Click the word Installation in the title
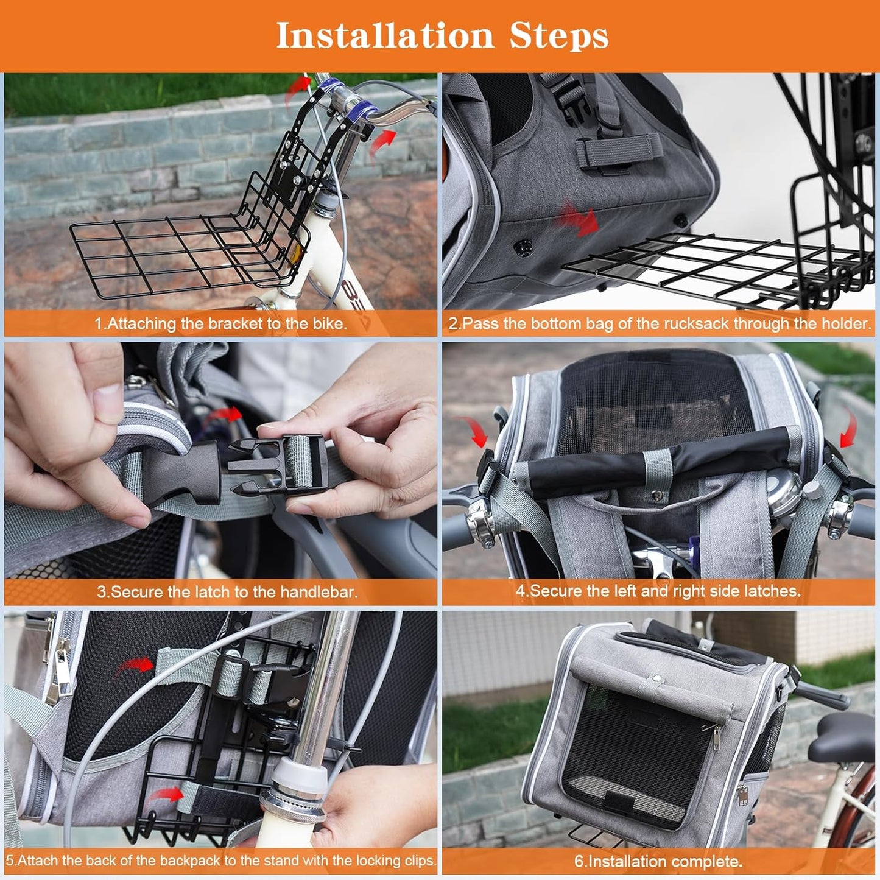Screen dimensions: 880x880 click(x=384, y=35)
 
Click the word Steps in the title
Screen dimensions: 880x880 click(x=558, y=35)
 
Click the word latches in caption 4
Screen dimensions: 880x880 click(x=770, y=591)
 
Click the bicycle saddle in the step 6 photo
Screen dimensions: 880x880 click(x=843, y=738)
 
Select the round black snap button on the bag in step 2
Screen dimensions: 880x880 click(x=522, y=247)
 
